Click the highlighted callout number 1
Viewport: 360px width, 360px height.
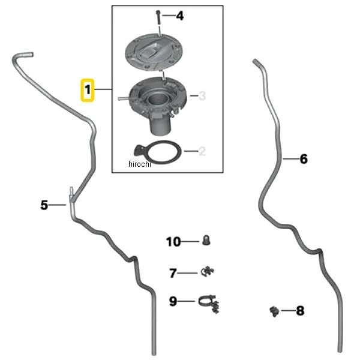tap(88, 90)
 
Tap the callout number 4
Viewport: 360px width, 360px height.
tap(180, 16)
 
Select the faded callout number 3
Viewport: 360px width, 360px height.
tap(202, 96)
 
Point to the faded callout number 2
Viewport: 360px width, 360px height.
tap(202, 151)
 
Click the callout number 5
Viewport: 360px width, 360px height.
tap(44, 205)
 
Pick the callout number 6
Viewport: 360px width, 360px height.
tap(304, 159)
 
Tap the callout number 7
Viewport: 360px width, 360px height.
tap(173, 273)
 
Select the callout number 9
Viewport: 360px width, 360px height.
tap(173, 301)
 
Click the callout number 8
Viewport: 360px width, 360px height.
tap(300, 311)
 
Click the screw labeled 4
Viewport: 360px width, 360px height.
tap(158, 17)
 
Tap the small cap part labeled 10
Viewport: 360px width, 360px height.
tap(206, 240)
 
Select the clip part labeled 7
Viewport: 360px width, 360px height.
tap(208, 272)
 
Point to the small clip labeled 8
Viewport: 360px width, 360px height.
tap(274, 311)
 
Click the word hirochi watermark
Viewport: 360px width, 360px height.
tap(140, 164)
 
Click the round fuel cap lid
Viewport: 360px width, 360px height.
tap(154, 53)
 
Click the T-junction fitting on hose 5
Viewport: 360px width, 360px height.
tap(71, 197)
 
